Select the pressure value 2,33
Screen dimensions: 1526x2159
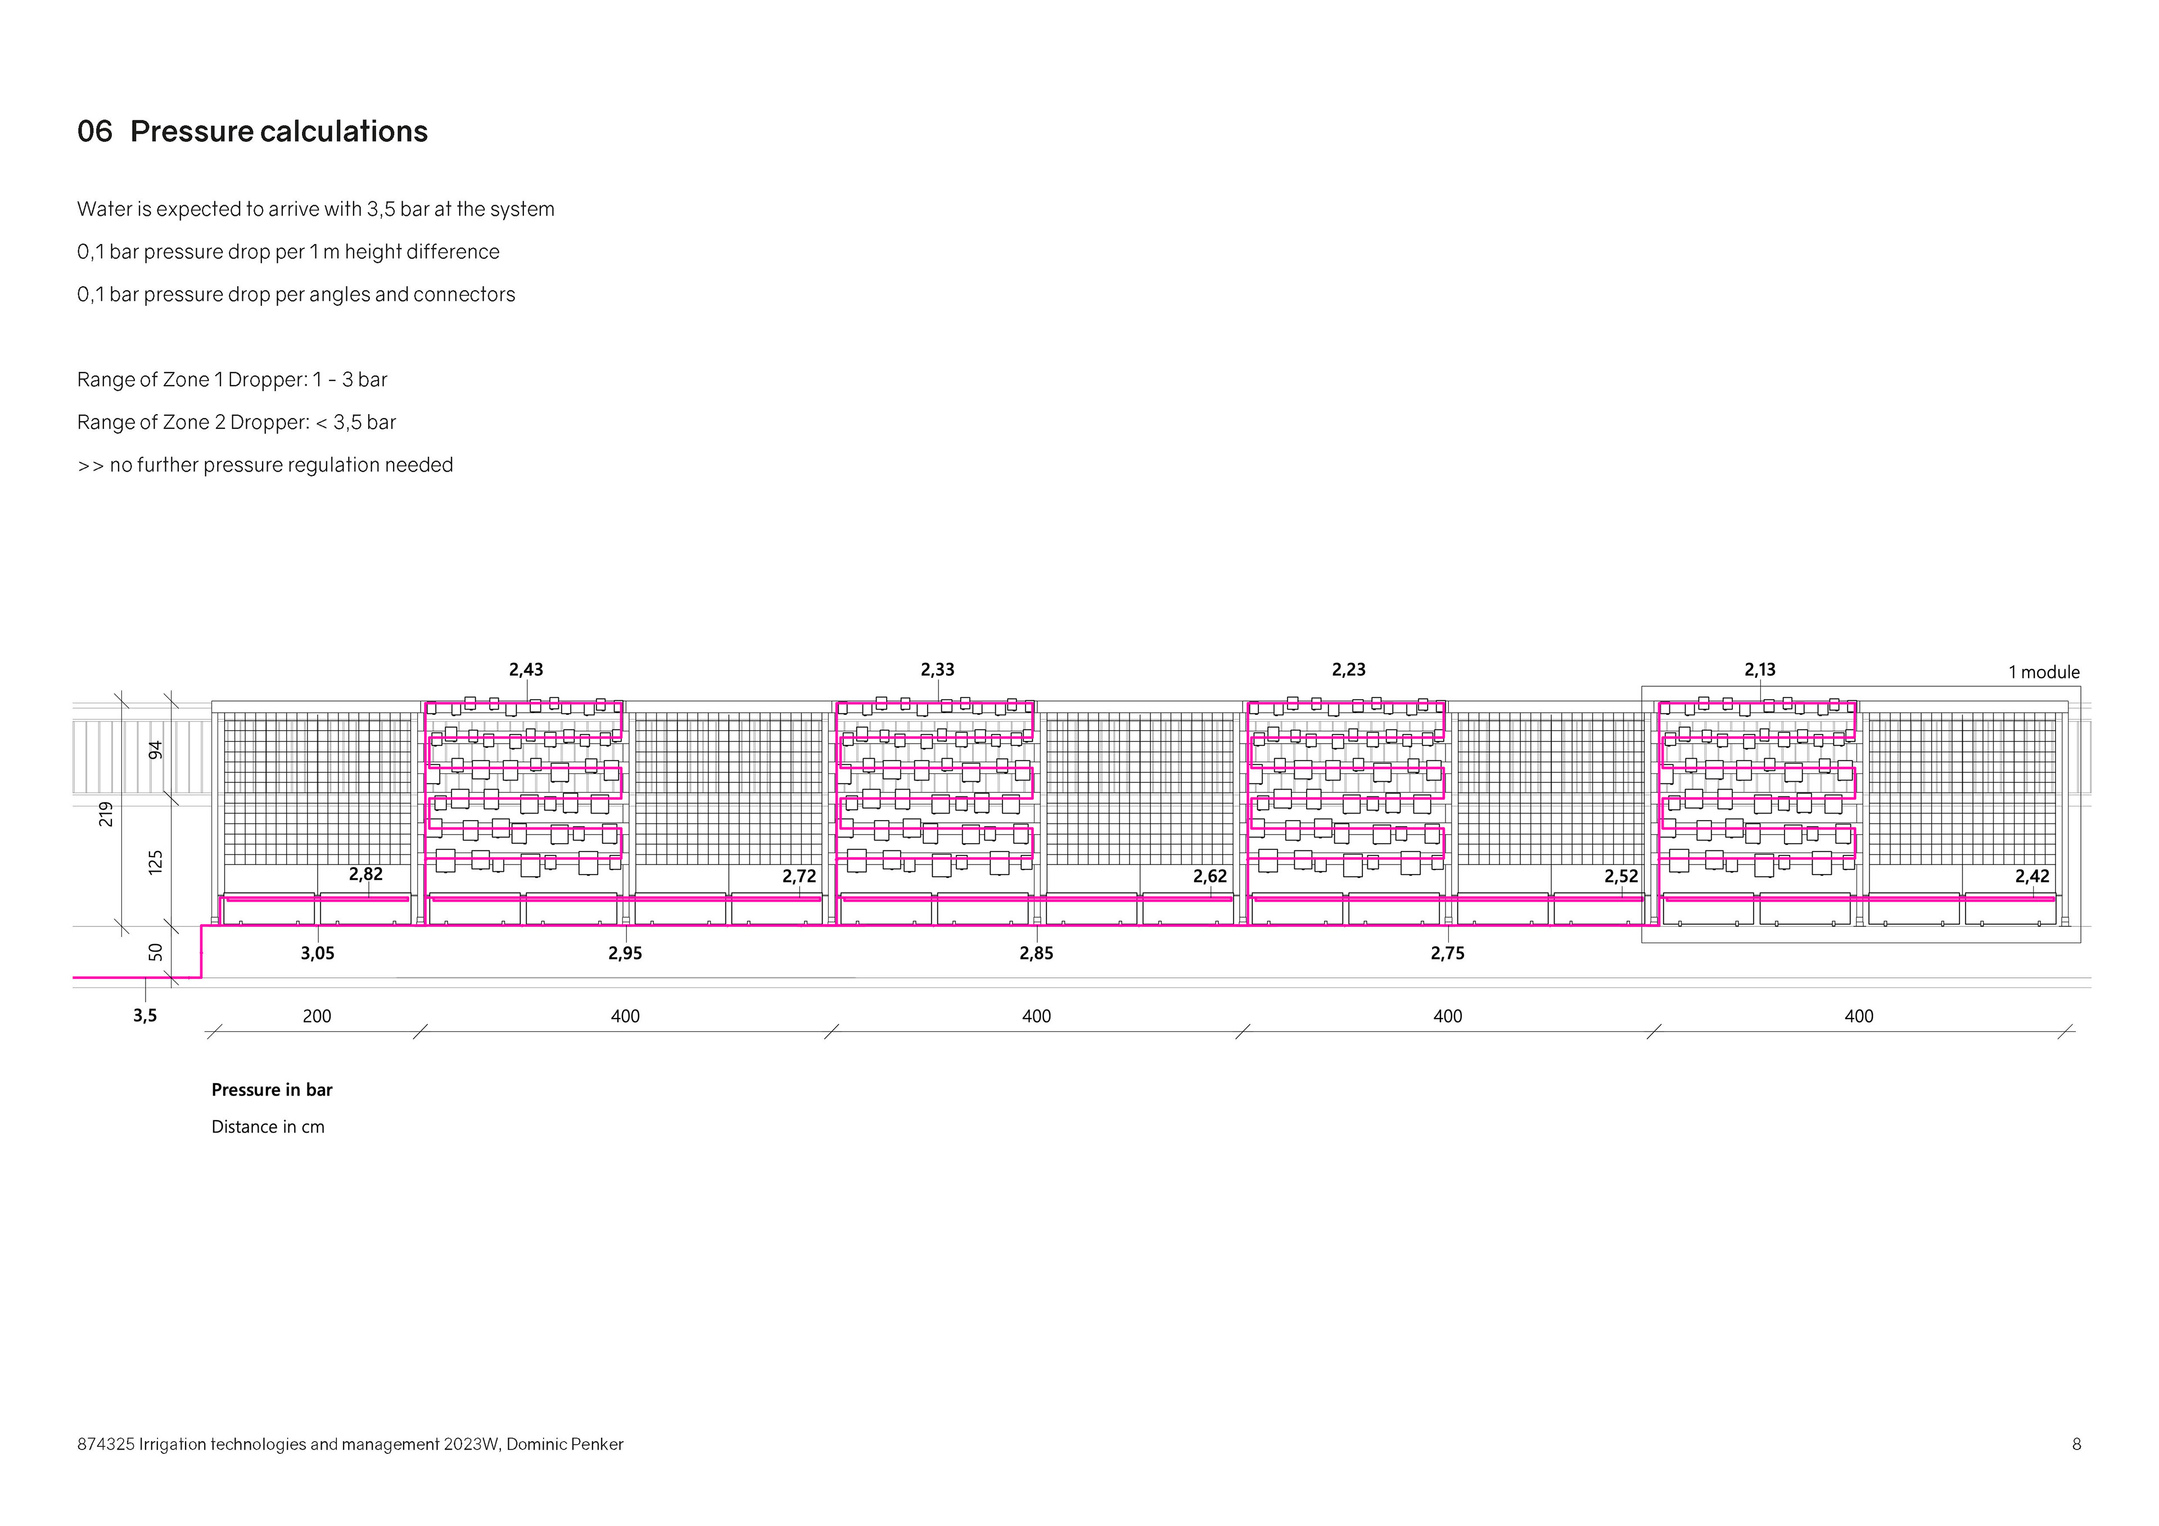(937, 669)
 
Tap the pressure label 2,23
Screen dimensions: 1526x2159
(1348, 669)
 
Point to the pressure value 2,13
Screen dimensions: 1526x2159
(1759, 669)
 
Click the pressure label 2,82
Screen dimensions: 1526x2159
(366, 875)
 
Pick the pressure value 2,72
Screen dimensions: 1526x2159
(800, 876)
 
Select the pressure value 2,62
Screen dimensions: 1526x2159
(1210, 876)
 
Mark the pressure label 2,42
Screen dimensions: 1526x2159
(2032, 876)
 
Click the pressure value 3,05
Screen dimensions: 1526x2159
(317, 953)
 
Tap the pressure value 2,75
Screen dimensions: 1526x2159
(1447, 953)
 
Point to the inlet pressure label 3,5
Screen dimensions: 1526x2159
(145, 1016)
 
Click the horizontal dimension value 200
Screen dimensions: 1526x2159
(317, 1016)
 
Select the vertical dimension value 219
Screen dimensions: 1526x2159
(106, 814)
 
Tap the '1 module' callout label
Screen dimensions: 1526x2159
(2043, 672)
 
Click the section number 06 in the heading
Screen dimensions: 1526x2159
(94, 132)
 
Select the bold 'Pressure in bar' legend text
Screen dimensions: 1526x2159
(272, 1090)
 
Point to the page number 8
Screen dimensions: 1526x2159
(2076, 1444)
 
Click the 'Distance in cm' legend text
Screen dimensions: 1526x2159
(268, 1126)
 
